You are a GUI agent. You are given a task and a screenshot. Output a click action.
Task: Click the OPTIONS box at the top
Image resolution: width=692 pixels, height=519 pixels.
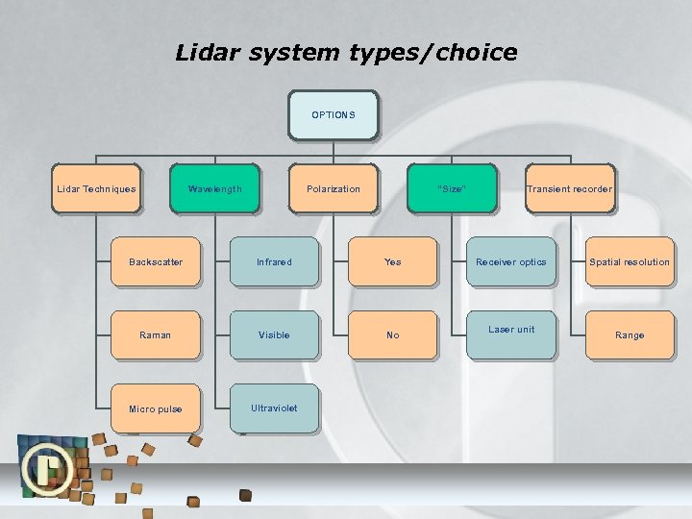coord(334,115)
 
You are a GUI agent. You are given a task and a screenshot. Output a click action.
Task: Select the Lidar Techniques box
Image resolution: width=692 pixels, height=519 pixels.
coord(96,189)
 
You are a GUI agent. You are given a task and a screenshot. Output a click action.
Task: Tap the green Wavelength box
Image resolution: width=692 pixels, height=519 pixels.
coord(214,189)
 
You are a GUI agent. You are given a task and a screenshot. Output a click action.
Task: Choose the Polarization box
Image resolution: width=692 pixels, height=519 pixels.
coord(334,189)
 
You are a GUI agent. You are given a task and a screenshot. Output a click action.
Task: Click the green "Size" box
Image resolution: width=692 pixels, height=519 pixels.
coord(452,189)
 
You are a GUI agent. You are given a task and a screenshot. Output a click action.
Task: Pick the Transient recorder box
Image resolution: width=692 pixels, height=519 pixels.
coord(569,189)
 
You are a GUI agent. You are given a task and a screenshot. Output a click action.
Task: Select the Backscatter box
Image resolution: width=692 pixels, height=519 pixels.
coord(156,262)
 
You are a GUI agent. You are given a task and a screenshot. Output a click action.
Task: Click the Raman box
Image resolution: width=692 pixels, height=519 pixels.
coord(156,335)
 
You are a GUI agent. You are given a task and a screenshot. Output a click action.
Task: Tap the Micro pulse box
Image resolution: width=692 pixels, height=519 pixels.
coord(156,409)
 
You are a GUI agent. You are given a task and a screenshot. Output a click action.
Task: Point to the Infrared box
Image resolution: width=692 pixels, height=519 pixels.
coord(274,262)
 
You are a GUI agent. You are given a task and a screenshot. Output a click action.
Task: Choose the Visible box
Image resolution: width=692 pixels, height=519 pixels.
coord(274,335)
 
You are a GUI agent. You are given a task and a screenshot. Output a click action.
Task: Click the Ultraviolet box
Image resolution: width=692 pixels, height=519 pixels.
coord(274,408)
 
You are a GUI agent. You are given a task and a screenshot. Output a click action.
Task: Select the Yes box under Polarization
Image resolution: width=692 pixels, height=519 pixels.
coord(392,262)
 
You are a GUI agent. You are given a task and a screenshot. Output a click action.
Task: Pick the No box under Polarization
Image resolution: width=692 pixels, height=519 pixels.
coord(392,335)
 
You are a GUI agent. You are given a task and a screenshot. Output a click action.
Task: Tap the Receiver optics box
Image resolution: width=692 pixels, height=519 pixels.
coord(511,262)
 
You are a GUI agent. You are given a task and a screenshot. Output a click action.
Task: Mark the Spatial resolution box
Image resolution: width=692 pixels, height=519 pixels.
coord(630,262)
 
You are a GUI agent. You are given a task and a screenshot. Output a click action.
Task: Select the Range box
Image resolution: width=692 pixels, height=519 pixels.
coord(630,335)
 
